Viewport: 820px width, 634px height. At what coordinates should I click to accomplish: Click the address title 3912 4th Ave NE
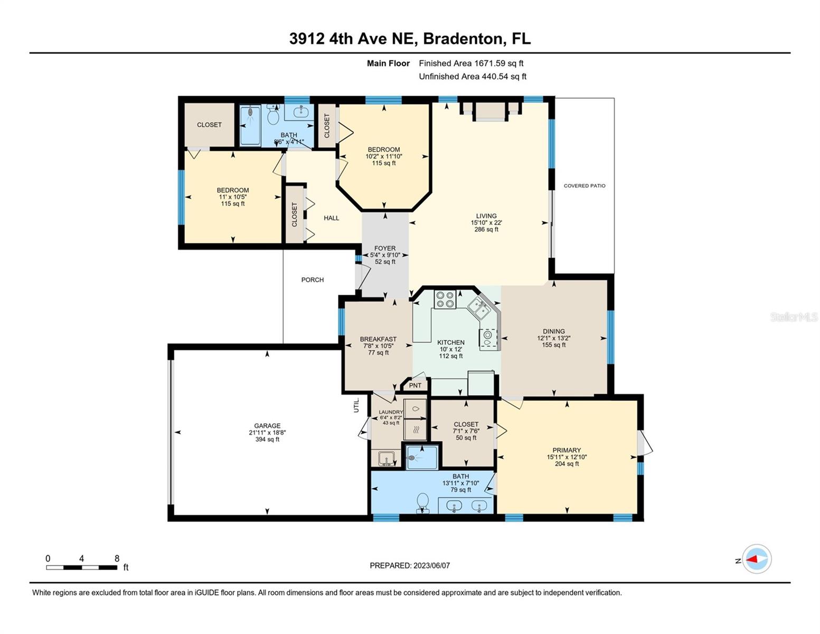click(x=409, y=39)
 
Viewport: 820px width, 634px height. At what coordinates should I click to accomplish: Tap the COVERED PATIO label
click(x=584, y=186)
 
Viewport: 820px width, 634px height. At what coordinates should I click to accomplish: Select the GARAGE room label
click(x=267, y=426)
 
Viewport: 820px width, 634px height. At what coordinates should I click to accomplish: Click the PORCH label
click(x=313, y=280)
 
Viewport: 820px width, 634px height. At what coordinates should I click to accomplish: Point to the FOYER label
click(x=385, y=248)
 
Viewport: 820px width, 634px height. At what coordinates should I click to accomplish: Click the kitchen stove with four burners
click(x=445, y=300)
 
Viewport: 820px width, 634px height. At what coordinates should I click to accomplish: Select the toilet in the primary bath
click(x=422, y=501)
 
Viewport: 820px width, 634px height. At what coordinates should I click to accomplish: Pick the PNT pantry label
click(x=416, y=386)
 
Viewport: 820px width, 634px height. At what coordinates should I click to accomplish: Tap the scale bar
click(x=82, y=567)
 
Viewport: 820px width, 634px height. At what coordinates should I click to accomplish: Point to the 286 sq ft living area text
click(x=486, y=230)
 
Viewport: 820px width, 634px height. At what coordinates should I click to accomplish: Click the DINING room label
click(x=553, y=332)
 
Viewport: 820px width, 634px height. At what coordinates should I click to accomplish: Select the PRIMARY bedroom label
click(x=567, y=451)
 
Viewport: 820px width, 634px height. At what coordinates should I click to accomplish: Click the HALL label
click(x=332, y=218)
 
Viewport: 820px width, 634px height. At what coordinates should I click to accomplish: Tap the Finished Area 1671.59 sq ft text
click(x=471, y=63)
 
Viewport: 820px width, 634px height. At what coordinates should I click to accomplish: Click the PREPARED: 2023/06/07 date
click(x=410, y=566)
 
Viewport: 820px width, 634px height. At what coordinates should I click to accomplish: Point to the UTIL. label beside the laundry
click(x=356, y=405)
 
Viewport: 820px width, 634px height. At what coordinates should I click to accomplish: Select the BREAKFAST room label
click(x=378, y=340)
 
